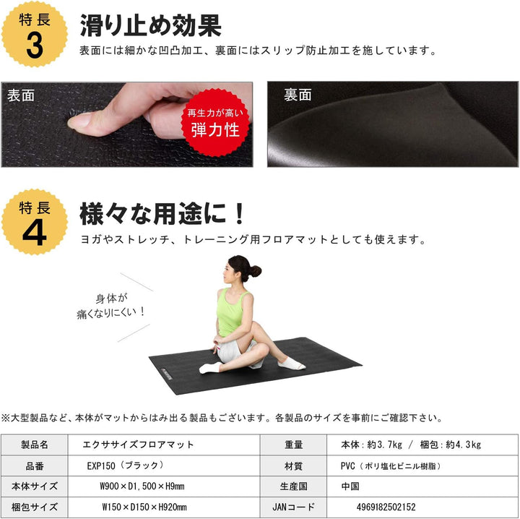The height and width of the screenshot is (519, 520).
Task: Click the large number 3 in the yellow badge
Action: tap(34, 45)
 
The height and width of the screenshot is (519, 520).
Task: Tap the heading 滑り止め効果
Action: tap(150, 25)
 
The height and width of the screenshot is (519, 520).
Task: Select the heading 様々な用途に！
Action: tap(162, 213)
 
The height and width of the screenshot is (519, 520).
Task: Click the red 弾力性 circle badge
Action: tap(215, 123)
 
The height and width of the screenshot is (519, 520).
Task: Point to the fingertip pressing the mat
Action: tap(81, 121)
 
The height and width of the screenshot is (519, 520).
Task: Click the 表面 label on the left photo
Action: tap(20, 95)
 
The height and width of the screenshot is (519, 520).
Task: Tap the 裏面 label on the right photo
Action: tap(297, 95)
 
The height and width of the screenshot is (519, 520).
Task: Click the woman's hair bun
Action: tap(254, 271)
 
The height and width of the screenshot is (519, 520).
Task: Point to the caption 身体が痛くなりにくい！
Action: tap(110, 305)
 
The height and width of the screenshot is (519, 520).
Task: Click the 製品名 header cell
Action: tap(34, 445)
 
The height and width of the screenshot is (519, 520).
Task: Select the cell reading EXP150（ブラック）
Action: tap(126, 465)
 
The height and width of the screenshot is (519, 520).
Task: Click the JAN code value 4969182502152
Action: tap(386, 507)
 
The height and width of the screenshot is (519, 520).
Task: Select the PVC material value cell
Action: tap(391, 465)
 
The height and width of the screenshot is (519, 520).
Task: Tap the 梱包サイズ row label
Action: tap(34, 507)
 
